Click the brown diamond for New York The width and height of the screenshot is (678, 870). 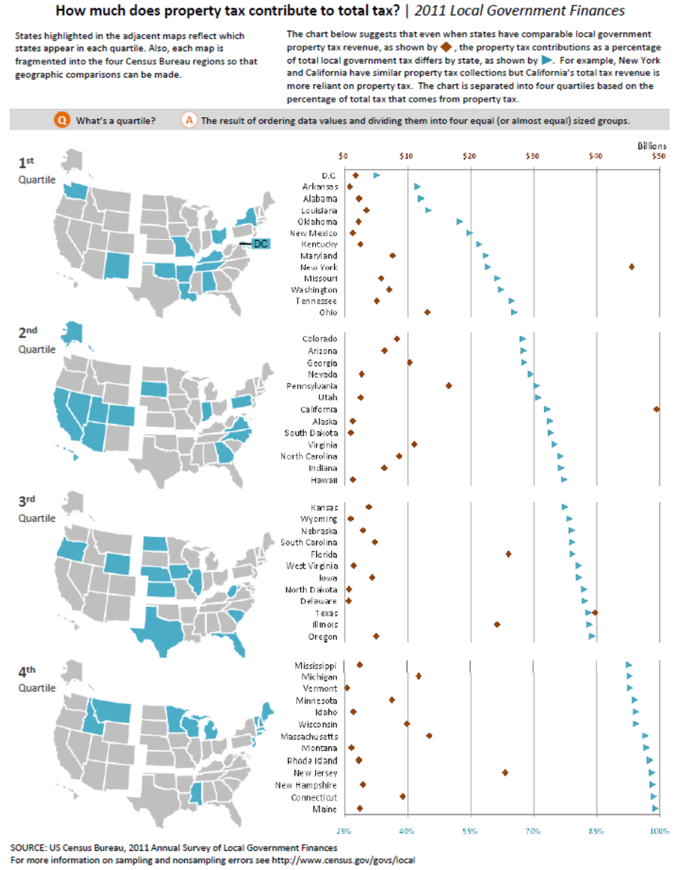pos(632,267)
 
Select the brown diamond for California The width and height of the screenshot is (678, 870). pos(656,409)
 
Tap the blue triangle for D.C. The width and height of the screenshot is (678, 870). pos(376,175)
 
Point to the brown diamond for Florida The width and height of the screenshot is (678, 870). pos(508,554)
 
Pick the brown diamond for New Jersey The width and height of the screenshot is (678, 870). pos(505,773)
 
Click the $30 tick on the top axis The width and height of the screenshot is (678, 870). pos(533,156)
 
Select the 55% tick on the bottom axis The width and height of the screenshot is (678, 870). pos(471,831)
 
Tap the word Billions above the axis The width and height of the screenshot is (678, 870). pos(651,146)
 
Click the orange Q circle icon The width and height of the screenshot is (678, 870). pos(62,120)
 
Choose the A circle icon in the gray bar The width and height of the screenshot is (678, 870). pos(189,120)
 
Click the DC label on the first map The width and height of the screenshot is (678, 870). pos(261,244)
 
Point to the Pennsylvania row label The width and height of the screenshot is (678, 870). pos(311,386)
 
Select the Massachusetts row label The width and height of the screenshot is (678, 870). pos(309,737)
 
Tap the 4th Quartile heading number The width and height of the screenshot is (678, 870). pos(26,672)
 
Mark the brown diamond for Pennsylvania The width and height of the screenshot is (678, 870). pos(449,386)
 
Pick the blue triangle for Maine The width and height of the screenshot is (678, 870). pos(655,809)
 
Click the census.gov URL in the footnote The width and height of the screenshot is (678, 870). pos(343,860)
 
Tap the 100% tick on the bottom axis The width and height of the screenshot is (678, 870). pos(659,831)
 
